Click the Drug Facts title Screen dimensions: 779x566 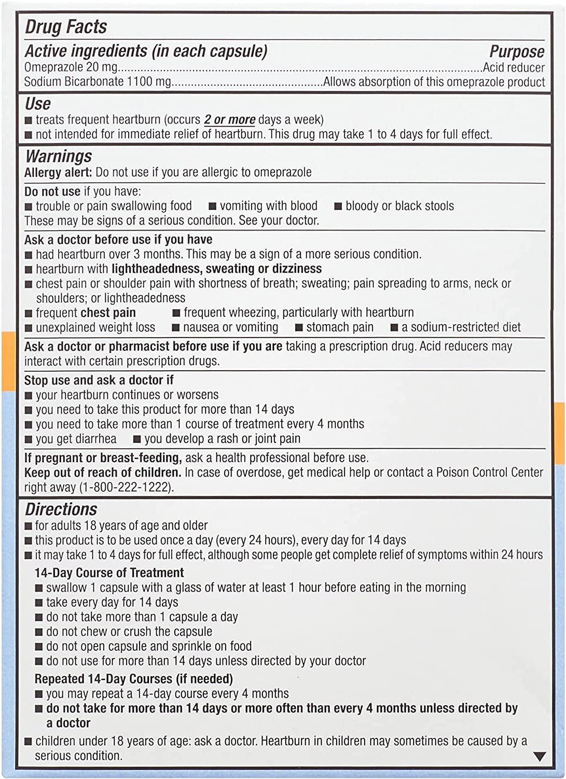(66, 27)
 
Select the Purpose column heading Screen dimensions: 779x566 (517, 51)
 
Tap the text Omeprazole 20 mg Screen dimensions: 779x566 (71, 67)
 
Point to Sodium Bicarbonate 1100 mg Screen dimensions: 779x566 (98, 82)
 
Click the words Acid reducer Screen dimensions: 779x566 (514, 68)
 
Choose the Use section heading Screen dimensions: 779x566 (38, 103)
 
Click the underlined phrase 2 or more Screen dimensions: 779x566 (229, 119)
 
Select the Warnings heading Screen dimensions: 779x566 (58, 156)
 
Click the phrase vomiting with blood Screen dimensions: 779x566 (268, 206)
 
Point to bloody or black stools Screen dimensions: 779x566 (399, 206)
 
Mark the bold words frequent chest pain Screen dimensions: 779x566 (86, 313)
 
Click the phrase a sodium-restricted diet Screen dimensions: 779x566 (461, 327)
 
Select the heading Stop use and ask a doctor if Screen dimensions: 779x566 (99, 380)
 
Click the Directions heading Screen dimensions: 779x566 (61, 509)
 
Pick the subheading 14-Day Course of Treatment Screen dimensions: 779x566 (109, 572)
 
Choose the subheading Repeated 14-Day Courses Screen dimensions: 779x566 (133, 679)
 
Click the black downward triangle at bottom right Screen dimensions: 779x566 (540, 757)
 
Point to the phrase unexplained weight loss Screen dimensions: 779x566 (95, 327)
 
